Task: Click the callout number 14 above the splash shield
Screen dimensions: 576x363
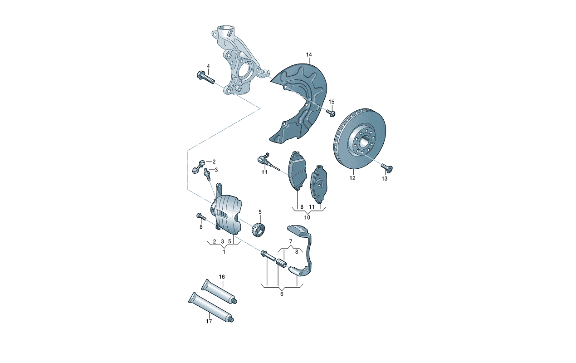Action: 309,54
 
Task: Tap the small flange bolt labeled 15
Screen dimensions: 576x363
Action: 331,113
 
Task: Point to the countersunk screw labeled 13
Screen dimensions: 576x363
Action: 387,168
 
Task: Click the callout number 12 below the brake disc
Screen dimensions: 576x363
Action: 352,178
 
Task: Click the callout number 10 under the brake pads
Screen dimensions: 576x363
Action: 307,217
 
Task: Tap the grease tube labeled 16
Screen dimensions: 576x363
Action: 220,291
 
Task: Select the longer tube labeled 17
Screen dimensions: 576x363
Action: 211,307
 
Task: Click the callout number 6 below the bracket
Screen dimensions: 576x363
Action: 282,294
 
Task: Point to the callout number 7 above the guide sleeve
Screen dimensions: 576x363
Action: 291,241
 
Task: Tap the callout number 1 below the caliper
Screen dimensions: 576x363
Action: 224,252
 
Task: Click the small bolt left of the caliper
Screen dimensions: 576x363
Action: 201,217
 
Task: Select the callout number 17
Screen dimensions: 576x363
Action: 209,321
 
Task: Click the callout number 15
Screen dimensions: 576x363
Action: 332,102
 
